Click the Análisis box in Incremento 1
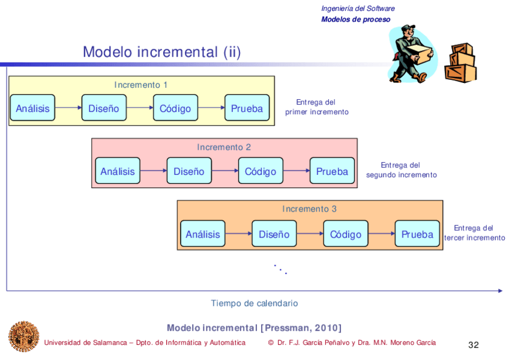pos(32,108)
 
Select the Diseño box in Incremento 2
pos(189,171)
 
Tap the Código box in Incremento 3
pos(346,234)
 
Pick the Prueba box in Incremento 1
pos(247,108)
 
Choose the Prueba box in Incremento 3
pos(417,234)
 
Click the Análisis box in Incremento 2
pos(118,171)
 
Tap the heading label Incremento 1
pos(141,85)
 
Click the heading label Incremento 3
pos(310,209)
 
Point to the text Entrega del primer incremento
pos(316,107)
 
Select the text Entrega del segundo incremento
pos(401,170)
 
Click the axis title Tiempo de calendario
pos(254,304)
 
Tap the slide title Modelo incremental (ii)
pos(161,52)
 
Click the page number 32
pos(474,345)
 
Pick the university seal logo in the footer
pos(23,336)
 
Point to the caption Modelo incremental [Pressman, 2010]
pos(254,328)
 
